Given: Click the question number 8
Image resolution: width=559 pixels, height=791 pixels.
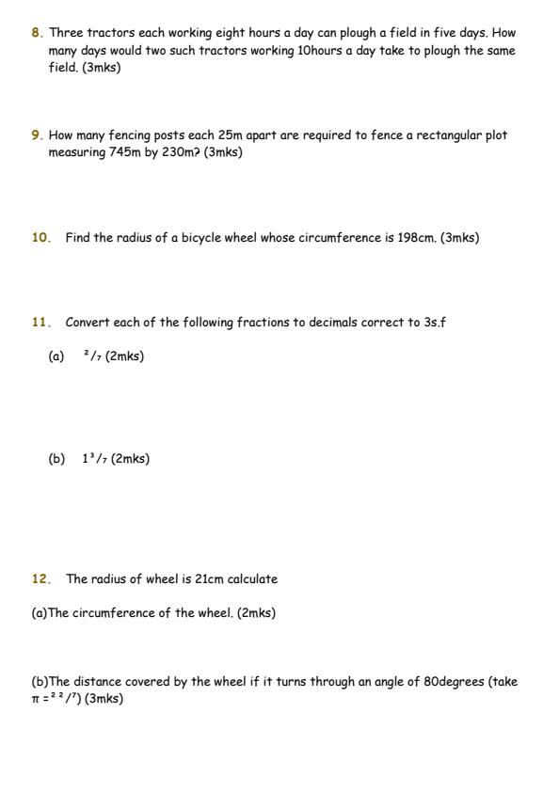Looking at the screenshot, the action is [36, 32].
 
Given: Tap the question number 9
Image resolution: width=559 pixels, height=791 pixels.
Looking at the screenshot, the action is [36, 135].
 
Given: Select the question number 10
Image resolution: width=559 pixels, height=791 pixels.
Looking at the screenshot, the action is [40, 238].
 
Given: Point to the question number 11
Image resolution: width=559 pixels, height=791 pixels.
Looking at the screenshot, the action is [40, 323].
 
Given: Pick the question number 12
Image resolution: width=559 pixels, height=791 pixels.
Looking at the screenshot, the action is [40, 579].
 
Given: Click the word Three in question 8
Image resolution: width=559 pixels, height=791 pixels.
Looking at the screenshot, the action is [66, 32].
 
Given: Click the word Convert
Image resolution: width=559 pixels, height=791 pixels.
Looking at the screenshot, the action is [88, 323].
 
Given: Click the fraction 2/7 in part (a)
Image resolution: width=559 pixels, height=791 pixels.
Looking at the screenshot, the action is [91, 356].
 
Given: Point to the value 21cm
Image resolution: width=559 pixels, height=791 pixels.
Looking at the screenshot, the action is [209, 579].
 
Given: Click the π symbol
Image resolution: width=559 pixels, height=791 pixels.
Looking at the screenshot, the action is [36, 700].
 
